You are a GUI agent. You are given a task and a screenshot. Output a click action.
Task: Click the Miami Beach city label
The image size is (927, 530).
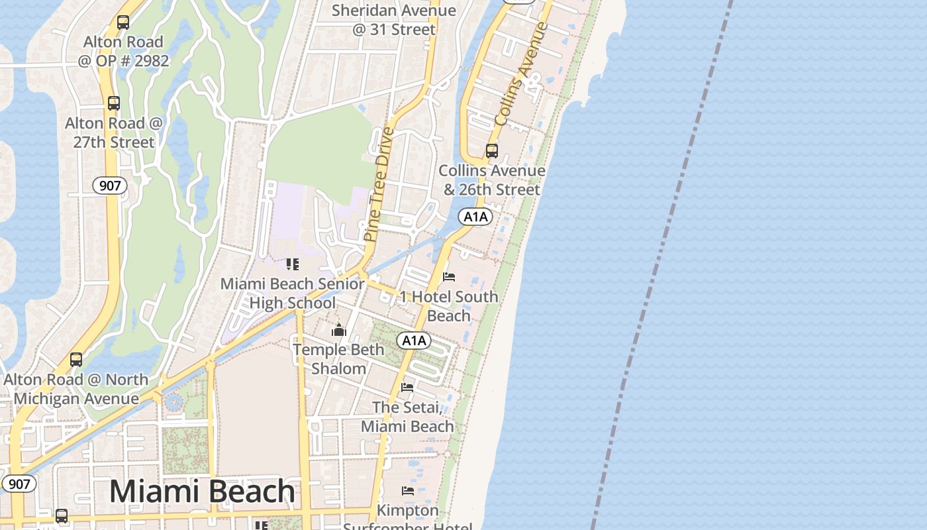click(202, 492)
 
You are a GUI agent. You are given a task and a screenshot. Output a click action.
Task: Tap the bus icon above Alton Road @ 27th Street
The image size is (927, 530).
click(114, 103)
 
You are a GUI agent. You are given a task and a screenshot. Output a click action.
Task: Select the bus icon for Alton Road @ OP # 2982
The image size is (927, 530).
click(123, 22)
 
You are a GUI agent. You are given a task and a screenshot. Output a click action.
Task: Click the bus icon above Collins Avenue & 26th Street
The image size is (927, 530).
click(491, 150)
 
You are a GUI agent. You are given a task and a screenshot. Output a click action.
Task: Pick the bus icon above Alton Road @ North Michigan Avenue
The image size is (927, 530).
click(76, 360)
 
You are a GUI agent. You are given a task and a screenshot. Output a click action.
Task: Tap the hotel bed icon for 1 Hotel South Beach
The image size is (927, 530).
click(449, 277)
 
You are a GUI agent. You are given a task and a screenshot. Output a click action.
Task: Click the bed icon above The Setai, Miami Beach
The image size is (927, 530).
click(407, 387)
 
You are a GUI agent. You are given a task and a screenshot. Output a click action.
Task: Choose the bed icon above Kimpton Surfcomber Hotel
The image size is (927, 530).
click(408, 491)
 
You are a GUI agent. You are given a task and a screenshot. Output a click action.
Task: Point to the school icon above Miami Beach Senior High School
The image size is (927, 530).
click(292, 264)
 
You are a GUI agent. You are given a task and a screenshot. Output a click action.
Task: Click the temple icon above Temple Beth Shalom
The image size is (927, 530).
click(339, 329)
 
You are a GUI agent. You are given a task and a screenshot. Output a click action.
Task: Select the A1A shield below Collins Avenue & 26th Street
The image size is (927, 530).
click(475, 217)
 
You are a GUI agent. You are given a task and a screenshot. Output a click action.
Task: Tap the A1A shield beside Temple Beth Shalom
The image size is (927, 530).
click(414, 341)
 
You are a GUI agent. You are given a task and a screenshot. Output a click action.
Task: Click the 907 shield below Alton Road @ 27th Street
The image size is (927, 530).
click(109, 185)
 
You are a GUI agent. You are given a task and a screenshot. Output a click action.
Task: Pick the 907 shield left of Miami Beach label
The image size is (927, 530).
click(19, 484)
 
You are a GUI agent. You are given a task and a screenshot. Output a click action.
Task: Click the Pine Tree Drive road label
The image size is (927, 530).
click(379, 184)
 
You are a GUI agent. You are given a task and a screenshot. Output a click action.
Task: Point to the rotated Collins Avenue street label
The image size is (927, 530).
click(522, 74)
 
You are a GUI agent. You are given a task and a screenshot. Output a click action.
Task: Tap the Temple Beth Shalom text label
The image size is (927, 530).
click(338, 359)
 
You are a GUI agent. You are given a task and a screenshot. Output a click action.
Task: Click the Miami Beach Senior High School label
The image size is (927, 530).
click(292, 293)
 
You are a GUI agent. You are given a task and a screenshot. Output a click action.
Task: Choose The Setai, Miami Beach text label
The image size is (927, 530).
click(407, 417)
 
